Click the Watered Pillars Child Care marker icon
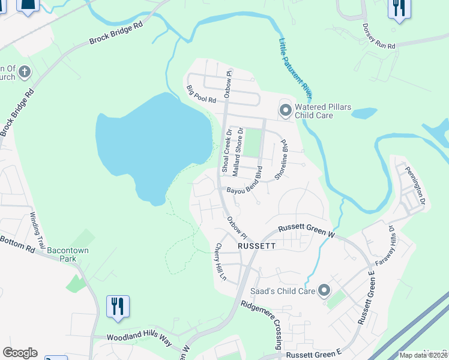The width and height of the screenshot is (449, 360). (285, 110)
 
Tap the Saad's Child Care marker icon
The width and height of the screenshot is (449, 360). (324, 291)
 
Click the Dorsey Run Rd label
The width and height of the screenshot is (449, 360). (379, 37)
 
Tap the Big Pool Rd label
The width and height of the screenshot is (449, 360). (200, 94)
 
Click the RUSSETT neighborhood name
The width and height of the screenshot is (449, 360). (256, 246)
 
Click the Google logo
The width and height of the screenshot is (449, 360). (20, 353)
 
